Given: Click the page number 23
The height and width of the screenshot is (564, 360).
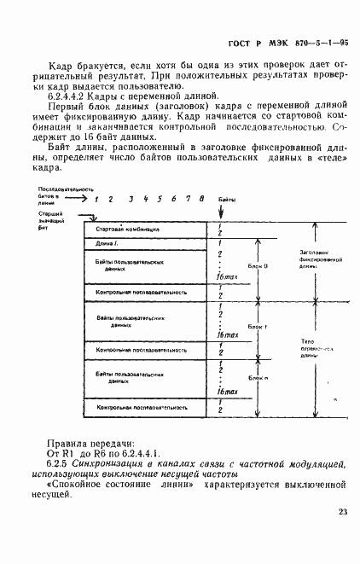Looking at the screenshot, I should [342, 511].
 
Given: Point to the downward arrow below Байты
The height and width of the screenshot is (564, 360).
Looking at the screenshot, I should [224, 212].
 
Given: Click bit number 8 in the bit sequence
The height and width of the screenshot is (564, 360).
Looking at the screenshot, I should [200, 199].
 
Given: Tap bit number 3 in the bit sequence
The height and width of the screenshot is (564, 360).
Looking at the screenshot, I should [130, 199].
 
